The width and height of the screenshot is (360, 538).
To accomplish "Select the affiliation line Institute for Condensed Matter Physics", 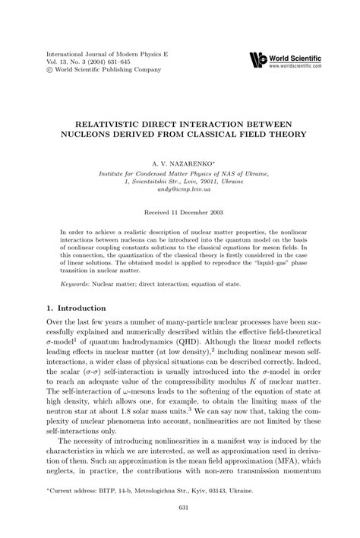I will coord(180,173).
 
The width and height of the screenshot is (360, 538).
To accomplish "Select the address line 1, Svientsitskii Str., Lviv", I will coord(180,182).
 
